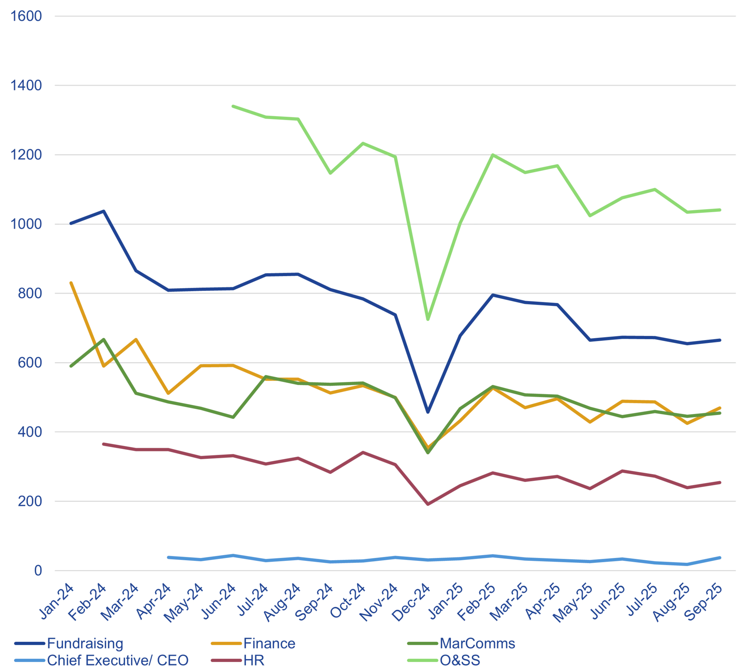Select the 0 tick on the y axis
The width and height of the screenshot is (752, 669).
coord(38,570)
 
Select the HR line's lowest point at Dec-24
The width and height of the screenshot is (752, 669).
coord(428,504)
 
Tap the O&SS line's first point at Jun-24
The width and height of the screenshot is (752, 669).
coord(231,105)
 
